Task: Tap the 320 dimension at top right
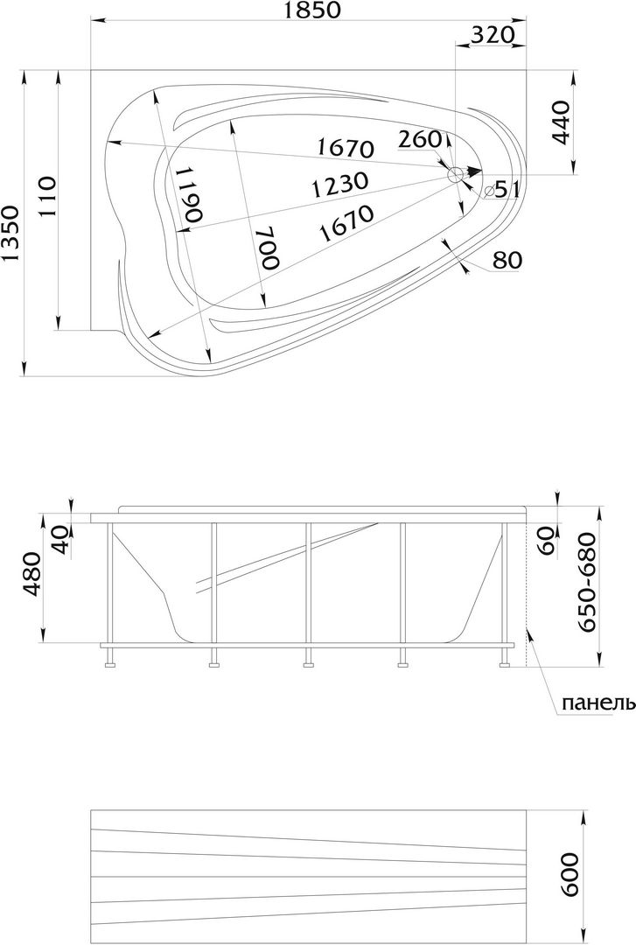tap(493, 35)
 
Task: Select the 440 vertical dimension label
tap(560, 123)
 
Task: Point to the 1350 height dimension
tap(10, 234)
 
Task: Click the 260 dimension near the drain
tap(421, 139)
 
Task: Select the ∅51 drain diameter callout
tap(501, 191)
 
